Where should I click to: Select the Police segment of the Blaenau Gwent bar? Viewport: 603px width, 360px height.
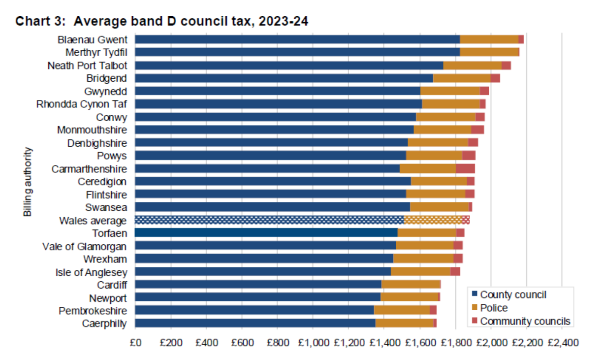[489, 39]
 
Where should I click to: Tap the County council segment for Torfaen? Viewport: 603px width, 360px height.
[266, 233]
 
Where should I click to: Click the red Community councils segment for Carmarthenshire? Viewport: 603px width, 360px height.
[465, 168]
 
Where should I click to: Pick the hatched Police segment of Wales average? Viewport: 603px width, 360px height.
[433, 220]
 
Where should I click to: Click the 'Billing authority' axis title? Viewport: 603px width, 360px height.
[28, 181]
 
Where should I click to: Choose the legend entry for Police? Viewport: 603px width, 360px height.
[493, 308]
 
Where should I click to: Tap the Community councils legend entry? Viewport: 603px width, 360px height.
[525, 321]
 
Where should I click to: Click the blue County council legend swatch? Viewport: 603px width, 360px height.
[475, 295]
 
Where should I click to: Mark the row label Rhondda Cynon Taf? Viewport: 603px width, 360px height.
[82, 104]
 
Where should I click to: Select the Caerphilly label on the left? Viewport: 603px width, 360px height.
[104, 324]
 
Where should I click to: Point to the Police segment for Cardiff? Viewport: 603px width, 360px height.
[411, 285]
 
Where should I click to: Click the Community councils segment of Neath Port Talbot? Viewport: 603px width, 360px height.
[506, 65]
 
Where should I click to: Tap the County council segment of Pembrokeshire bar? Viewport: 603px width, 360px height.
[254, 310]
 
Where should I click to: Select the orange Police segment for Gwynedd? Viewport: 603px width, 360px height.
[450, 91]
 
